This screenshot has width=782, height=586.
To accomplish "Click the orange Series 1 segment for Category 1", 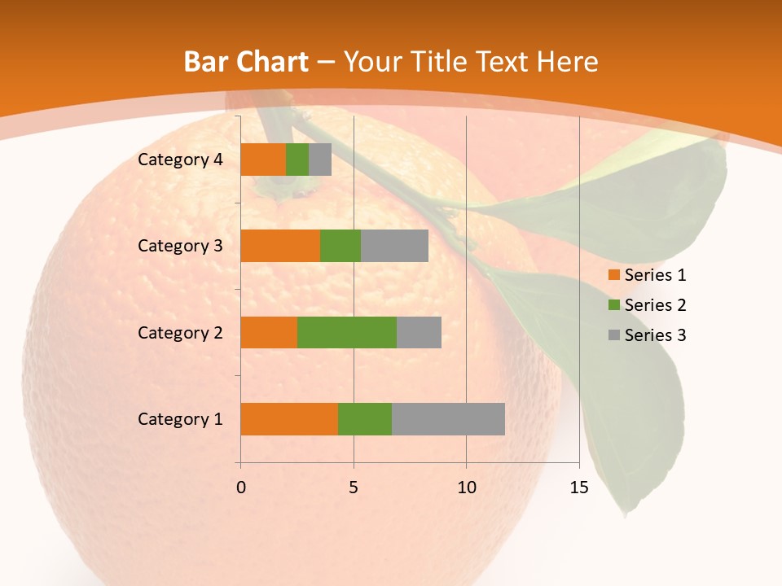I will [x=289, y=419].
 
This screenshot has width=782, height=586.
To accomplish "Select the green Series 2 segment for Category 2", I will [x=347, y=332].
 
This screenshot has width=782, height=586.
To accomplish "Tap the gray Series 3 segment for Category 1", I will [x=448, y=419].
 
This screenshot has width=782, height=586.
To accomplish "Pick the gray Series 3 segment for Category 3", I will [x=394, y=246].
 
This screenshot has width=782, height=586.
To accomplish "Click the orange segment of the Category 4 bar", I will [x=263, y=160].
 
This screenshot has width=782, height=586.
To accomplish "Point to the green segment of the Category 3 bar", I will [x=340, y=246].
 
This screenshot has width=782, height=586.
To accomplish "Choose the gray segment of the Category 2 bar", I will [x=419, y=332].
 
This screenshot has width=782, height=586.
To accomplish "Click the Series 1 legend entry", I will [x=648, y=275].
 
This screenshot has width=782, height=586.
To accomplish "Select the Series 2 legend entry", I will [x=648, y=305].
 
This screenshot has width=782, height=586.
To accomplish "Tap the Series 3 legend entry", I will [x=648, y=335].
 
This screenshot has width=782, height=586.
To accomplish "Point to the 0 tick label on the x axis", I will [x=241, y=488].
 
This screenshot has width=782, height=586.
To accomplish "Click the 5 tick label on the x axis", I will [x=354, y=488].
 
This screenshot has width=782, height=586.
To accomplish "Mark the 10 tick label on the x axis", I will [x=466, y=488].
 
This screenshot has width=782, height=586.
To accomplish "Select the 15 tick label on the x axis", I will [x=578, y=488].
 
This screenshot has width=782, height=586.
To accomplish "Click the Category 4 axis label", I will [x=180, y=160].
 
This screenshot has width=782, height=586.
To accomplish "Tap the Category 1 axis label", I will [x=180, y=419].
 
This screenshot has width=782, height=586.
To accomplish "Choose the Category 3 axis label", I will [x=180, y=246].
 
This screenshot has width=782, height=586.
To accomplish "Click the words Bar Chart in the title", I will [x=246, y=61].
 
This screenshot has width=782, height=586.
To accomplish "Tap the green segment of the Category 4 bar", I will [x=297, y=160].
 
